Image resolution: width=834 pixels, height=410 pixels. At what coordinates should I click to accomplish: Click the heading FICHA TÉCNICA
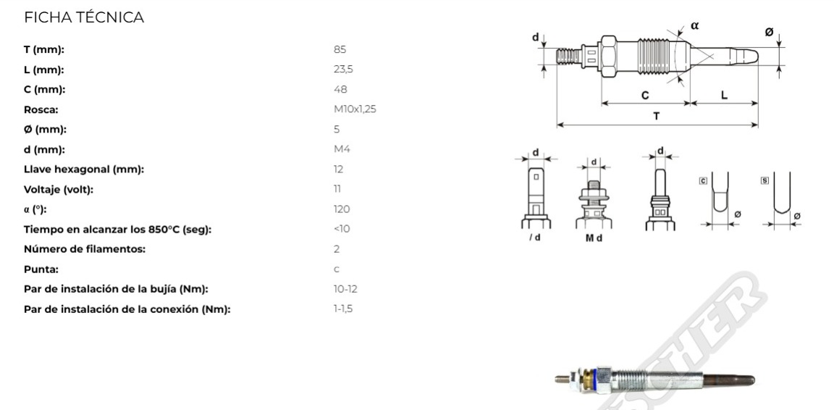84,17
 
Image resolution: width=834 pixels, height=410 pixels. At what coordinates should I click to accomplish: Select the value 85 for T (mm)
340,49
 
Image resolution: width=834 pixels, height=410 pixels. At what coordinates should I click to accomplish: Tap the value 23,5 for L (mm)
344,70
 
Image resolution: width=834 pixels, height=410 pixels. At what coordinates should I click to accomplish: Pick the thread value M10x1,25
355,109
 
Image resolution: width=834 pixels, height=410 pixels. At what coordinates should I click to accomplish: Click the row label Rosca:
41,109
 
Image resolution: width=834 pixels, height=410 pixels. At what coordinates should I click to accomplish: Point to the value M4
342,149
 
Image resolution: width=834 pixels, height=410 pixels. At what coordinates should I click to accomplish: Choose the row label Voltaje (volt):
59,190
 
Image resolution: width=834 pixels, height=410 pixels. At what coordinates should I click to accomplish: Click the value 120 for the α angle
342,209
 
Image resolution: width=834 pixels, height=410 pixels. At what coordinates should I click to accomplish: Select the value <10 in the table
342,229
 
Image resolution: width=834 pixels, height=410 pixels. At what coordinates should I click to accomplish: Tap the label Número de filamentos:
85,249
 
